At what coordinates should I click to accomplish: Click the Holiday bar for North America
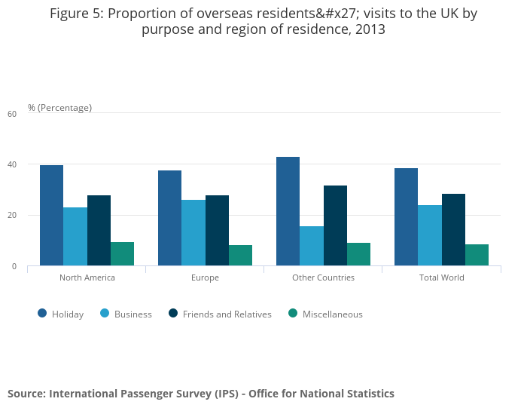click(51, 216)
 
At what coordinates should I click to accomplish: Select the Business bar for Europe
click(193, 233)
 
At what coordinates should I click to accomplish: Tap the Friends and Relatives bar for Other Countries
click(335, 225)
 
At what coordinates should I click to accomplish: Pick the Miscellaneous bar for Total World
click(477, 255)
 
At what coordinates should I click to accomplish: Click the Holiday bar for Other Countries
click(288, 211)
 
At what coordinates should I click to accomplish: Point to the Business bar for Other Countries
click(312, 246)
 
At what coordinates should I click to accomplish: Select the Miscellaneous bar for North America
click(122, 254)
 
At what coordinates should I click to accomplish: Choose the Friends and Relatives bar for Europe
click(217, 231)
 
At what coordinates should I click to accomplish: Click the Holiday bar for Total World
click(406, 217)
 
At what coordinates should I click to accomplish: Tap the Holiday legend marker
click(42, 314)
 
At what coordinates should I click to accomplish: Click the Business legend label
click(133, 314)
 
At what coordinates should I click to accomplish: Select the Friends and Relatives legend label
click(227, 314)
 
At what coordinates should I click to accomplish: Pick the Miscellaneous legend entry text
click(332, 314)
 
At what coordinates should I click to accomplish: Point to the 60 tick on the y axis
click(11, 114)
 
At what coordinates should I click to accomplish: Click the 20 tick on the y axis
click(11, 216)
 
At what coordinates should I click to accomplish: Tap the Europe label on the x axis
click(205, 278)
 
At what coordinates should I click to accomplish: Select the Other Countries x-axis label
click(323, 278)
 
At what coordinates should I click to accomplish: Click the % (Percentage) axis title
click(59, 108)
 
